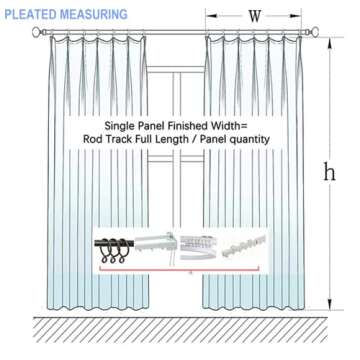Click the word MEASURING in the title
(94, 15)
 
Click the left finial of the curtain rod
(38, 33)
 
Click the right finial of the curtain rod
(323, 33)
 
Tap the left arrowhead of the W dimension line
(209, 16)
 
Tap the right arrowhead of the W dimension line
(302, 16)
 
